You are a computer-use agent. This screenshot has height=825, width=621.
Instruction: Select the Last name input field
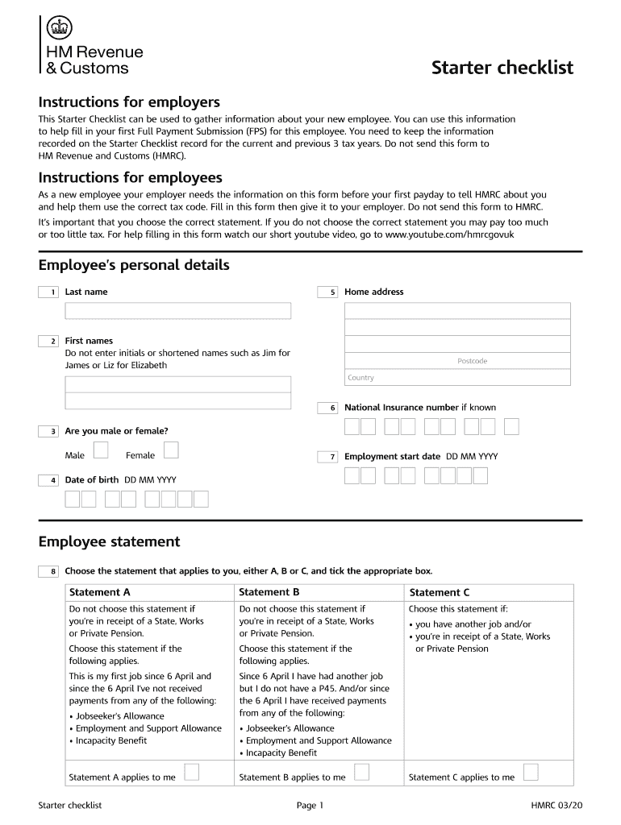pyautogui.click(x=177, y=311)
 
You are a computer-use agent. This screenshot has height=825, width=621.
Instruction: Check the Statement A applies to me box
pyautogui.click(x=192, y=772)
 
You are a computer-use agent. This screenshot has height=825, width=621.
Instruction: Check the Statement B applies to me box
pyautogui.click(x=362, y=772)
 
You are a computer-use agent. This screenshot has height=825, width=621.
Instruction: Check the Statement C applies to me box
pyautogui.click(x=531, y=772)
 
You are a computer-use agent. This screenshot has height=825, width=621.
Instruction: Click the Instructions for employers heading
pyautogui.click(x=129, y=102)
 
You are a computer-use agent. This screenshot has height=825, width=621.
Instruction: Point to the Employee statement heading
pyautogui.click(x=109, y=541)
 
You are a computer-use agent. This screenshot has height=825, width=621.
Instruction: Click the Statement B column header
pyautogui.click(x=269, y=592)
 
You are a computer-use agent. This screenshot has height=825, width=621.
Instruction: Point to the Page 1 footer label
pyautogui.click(x=310, y=805)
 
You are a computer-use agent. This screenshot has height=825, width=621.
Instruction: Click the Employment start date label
pyautogui.click(x=392, y=457)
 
